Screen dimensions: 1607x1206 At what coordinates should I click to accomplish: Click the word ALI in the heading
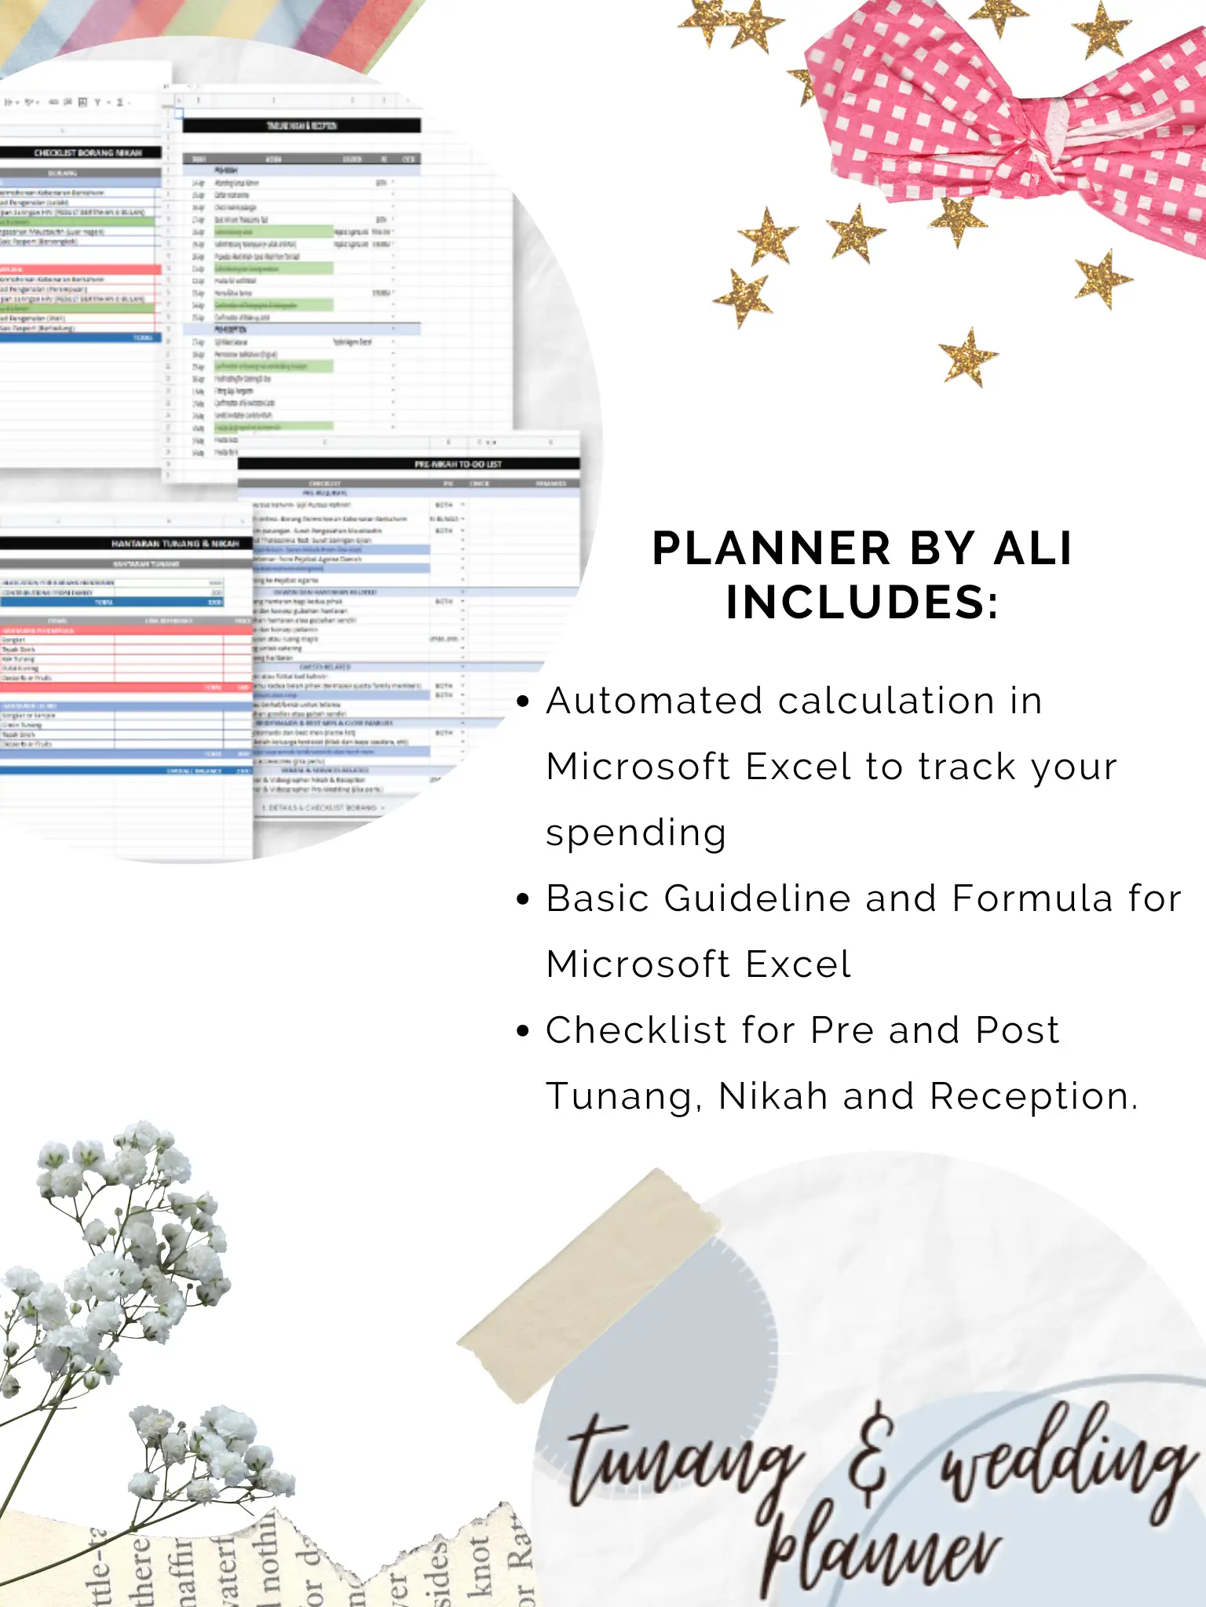point(1032,548)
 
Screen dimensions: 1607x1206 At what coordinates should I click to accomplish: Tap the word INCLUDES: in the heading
point(862,603)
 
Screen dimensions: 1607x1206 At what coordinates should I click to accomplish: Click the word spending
point(636,833)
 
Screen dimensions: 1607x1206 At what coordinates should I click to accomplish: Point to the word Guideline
point(757,898)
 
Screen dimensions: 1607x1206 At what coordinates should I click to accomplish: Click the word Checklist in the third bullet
point(637,1030)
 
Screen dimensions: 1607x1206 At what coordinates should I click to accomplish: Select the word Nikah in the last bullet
point(773,1096)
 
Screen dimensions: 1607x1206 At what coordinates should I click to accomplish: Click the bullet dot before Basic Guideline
point(524,899)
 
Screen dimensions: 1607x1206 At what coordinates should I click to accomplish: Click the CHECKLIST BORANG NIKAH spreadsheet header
point(87,153)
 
